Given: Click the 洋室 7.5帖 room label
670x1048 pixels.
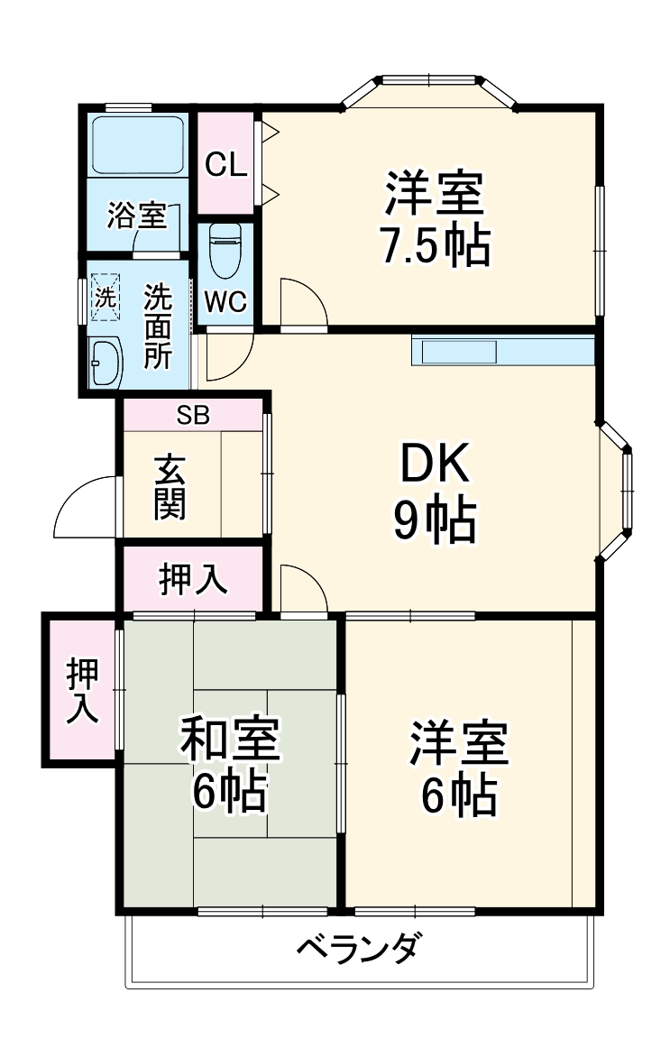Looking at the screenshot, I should point(435,217).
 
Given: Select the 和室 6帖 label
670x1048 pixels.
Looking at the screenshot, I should point(230,763).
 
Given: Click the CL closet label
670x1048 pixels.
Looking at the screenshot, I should point(225,165).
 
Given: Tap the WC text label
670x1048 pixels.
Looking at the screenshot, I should point(225,302).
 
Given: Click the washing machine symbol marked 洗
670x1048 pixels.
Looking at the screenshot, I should point(106,297).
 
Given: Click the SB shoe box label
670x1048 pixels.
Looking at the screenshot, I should point(192,415).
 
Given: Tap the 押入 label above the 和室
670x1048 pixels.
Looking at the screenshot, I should point(192,579).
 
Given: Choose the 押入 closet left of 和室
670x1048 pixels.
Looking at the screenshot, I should point(82,691).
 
